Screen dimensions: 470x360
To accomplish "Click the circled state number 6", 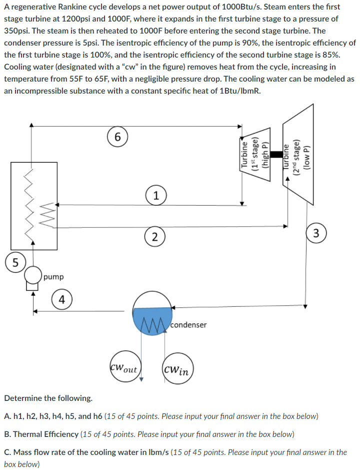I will click(117, 137).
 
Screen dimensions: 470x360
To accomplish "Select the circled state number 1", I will click(156, 196).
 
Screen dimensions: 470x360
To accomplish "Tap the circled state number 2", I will click(155, 237).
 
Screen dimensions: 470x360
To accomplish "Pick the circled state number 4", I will click(61, 300).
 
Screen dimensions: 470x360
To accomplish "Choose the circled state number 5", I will click(15, 262).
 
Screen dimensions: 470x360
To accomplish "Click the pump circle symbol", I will click(33, 275).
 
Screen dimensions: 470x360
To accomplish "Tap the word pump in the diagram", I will click(53, 277).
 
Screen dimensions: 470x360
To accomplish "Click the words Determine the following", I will click(48, 398).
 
